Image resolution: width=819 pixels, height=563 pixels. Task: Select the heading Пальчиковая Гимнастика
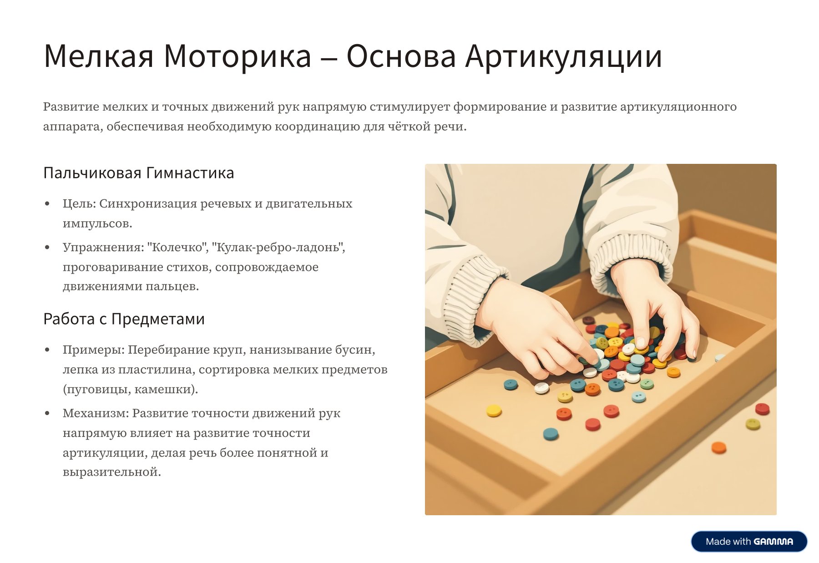click(139, 173)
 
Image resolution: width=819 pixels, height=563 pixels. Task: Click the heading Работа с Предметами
click(124, 319)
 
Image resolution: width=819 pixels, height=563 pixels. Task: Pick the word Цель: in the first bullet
click(79, 204)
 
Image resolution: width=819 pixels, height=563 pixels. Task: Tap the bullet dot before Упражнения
click(47, 248)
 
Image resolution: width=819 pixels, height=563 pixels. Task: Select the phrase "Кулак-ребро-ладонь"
click(278, 247)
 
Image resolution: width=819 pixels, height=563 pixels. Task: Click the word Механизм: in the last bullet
click(96, 413)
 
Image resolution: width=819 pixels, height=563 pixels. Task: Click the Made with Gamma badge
click(749, 542)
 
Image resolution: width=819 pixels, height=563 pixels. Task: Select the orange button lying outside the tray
click(718, 447)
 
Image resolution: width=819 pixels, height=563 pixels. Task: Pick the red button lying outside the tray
click(762, 409)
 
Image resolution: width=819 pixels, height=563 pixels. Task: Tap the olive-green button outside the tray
click(753, 425)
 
